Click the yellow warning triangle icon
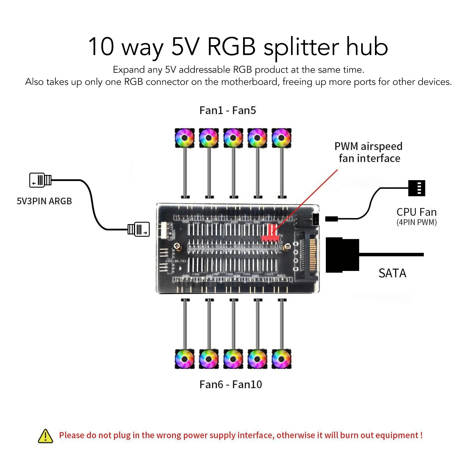click(45, 436)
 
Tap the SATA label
click(392, 273)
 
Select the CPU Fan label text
click(416, 212)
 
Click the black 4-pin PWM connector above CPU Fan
click(416, 188)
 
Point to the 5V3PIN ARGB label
click(44, 201)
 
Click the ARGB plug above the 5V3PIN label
click(41, 180)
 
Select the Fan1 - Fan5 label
click(228, 111)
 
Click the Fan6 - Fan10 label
click(230, 384)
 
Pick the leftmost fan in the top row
click(185, 138)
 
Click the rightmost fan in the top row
click(282, 138)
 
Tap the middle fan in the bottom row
click(233, 359)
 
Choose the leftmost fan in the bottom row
click(185, 359)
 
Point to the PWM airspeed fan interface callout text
click(369, 152)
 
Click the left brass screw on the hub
click(177, 246)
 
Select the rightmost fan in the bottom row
click(282, 359)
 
